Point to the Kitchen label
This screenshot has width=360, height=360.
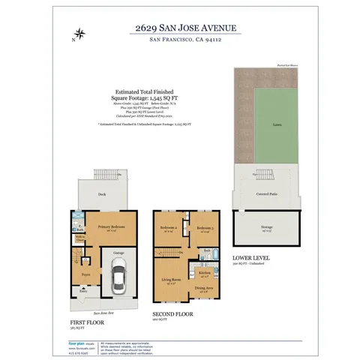point(204,272)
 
